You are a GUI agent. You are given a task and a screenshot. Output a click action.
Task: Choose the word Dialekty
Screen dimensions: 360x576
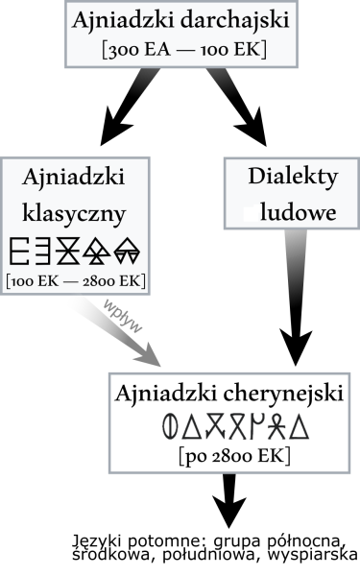point(292,179)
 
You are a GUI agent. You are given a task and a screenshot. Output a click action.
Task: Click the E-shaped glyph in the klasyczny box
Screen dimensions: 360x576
point(18,252)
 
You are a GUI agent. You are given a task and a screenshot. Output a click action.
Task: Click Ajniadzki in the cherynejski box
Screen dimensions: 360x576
point(158,394)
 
